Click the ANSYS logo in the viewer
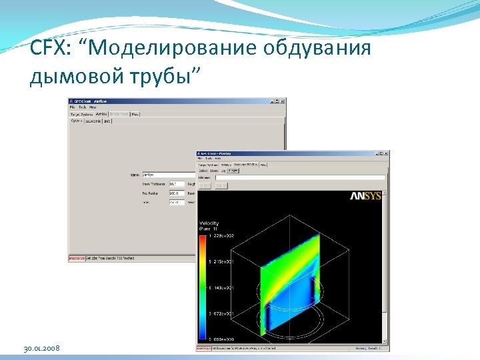coord(366,196)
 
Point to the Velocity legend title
coord(209,223)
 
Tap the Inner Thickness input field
coord(176,183)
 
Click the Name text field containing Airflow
coord(167,175)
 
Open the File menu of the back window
coord(73,107)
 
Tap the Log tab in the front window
coord(223,170)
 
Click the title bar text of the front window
coord(220,153)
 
